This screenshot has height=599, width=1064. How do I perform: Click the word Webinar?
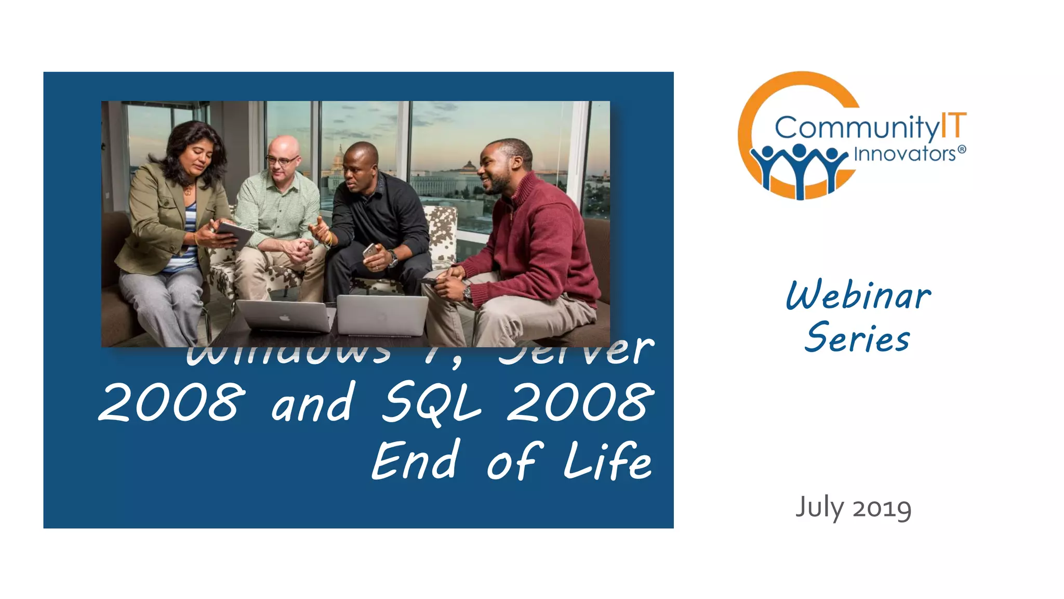click(858, 295)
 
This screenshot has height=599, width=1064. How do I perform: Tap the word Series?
click(857, 338)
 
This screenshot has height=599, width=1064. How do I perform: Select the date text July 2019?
click(853, 508)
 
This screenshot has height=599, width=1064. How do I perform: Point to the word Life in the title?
click(607, 461)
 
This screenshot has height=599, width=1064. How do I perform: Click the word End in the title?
click(416, 461)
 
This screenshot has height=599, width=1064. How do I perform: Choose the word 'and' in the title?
click(313, 403)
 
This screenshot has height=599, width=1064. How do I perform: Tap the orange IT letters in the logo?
click(953, 126)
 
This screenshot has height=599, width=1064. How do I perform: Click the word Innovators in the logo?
click(905, 154)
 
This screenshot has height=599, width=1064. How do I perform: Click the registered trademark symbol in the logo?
click(962, 150)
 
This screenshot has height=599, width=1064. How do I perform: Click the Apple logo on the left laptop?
click(284, 317)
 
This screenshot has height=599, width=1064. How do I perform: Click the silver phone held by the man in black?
click(370, 250)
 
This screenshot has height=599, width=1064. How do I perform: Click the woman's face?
click(196, 158)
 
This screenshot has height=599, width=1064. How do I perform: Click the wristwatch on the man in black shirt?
click(393, 258)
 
